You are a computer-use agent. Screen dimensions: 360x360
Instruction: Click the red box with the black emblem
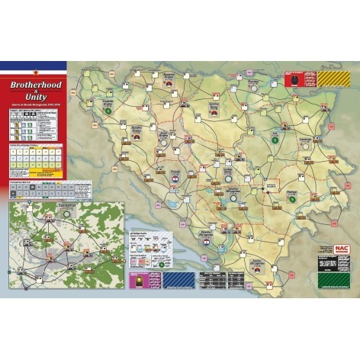click(x=298, y=78)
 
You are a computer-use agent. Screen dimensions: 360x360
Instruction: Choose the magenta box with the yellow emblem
click(x=138, y=280)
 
